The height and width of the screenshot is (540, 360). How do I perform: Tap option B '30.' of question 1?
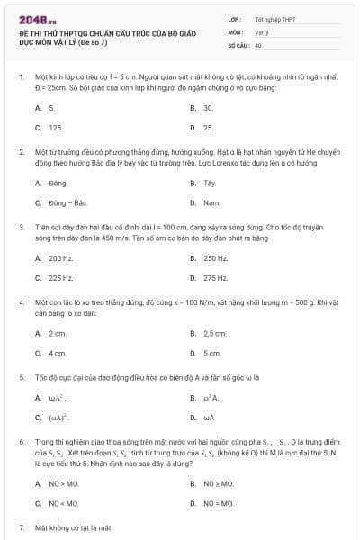(208, 107)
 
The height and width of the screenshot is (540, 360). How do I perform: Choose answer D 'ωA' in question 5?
(209, 418)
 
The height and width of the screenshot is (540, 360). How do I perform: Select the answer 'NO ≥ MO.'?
(219, 483)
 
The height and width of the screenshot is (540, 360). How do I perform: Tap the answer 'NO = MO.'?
(219, 503)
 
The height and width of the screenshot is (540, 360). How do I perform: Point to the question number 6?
(21, 444)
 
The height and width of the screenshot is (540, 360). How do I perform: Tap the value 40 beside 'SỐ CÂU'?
(258, 44)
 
